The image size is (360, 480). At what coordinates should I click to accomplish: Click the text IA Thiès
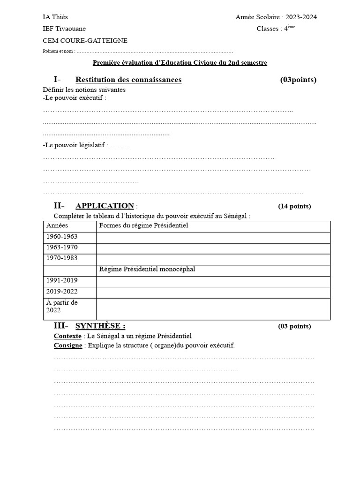[x=55, y=17]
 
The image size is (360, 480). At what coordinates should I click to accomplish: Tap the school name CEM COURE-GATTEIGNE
[x=85, y=41]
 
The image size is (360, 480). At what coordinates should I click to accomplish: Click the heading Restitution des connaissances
[x=128, y=80]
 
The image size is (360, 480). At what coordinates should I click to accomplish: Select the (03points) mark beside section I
[x=298, y=80]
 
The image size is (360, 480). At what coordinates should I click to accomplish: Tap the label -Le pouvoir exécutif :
[x=75, y=98]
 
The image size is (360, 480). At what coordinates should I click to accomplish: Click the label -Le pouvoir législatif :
[x=75, y=145]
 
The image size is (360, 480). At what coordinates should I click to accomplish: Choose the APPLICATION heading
[x=105, y=206]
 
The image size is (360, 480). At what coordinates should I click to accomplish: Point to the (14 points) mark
[x=294, y=206]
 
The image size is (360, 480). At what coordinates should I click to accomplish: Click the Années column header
[x=57, y=226]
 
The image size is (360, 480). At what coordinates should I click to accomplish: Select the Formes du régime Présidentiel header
[x=143, y=226]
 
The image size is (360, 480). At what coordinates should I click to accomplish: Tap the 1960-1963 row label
[x=62, y=237]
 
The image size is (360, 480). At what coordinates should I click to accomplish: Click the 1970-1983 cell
[x=62, y=258]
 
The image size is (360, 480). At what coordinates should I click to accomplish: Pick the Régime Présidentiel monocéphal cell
[x=147, y=269]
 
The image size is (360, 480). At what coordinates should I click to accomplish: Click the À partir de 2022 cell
[x=62, y=306]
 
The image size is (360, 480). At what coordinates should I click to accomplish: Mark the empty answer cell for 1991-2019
[x=213, y=280]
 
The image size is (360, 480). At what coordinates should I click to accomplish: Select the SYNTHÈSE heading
[x=100, y=326]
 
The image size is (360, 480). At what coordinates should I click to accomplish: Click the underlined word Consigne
[x=68, y=345]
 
